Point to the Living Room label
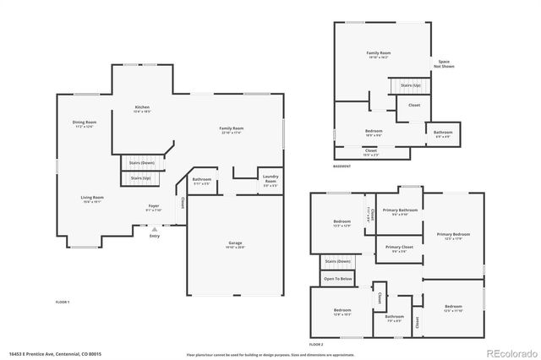pyautogui.click(x=92, y=199)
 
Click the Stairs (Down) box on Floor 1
pyautogui.click(x=141, y=162)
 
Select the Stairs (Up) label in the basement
pyautogui.click(x=410, y=85)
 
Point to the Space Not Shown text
pyautogui.click(x=444, y=63)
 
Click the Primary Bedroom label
pyautogui.click(x=453, y=235)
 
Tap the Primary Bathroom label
pyautogui.click(x=399, y=211)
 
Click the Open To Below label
pyautogui.click(x=338, y=278)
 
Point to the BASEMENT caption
pyautogui.click(x=342, y=166)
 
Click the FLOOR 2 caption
pyautogui.click(x=316, y=345)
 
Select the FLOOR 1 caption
pyautogui.click(x=63, y=302)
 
